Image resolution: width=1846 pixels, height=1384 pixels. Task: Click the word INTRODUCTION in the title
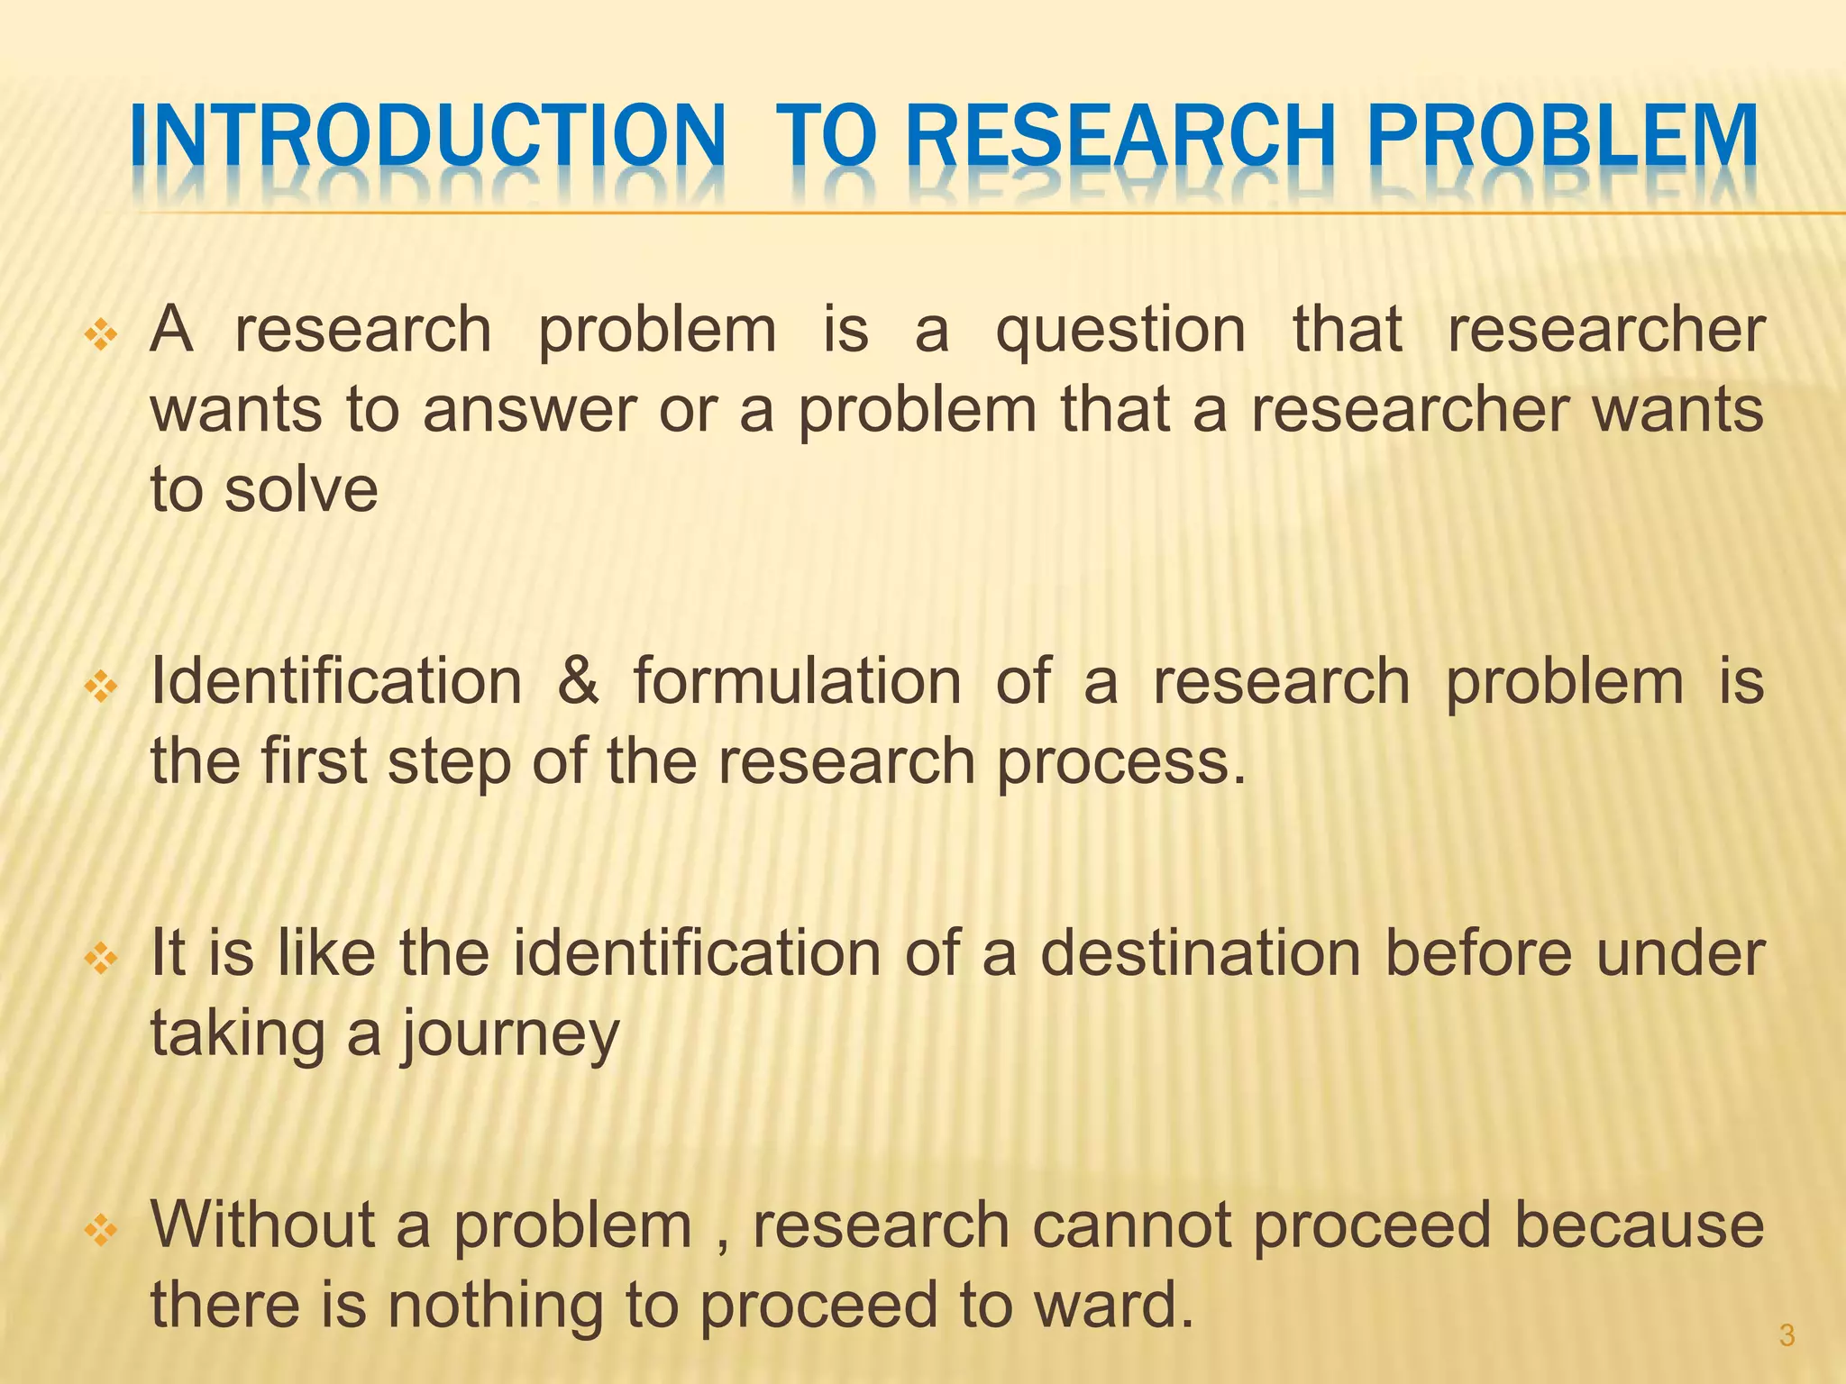[427, 137]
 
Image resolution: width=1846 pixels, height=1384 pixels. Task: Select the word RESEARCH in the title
[1118, 137]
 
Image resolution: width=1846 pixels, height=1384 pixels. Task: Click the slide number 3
[1787, 1335]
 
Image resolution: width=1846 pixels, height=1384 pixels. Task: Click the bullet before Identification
[101, 688]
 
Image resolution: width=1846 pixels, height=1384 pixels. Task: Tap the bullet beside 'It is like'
[101, 961]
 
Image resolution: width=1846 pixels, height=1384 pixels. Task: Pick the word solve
[301, 490]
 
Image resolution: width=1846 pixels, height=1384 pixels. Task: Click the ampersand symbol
[578, 681]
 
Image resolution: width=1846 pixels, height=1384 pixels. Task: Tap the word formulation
[797, 681]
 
